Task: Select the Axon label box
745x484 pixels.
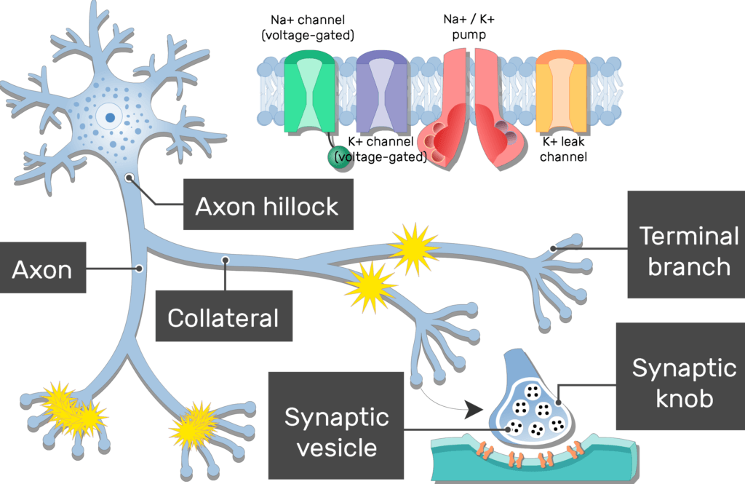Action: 42,270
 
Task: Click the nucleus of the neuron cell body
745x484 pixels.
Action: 109,116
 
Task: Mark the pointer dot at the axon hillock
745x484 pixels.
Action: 129,176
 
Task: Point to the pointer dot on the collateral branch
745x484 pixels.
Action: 226,259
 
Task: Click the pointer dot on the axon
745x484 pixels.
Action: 138,269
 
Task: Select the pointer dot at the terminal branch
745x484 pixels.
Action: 554,248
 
